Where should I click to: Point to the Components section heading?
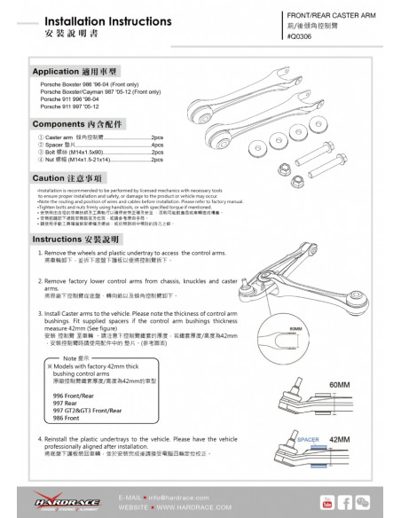tap(75, 125)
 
